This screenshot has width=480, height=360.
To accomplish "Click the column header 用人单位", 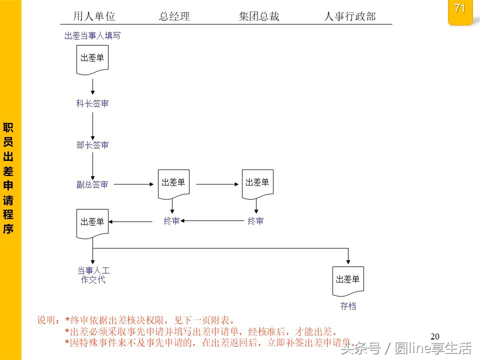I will [94, 16].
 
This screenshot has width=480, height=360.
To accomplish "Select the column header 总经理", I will [174, 16].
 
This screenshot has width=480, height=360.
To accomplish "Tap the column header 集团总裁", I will [259, 16].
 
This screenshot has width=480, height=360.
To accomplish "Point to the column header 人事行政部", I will [349, 16].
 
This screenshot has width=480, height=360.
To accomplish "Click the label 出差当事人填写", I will [92, 36].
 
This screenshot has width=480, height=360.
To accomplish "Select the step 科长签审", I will [92, 103].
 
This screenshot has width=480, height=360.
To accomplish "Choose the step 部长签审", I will [92, 145].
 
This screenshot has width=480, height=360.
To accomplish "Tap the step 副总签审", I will [92, 184].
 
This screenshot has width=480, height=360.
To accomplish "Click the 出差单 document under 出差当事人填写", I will [92, 59].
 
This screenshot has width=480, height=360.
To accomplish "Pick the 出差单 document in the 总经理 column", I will [173, 183].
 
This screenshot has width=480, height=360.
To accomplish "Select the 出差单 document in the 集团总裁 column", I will [257, 183].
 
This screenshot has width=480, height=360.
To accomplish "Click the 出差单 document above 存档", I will [348, 280].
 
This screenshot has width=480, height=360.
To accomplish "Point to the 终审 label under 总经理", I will [171, 221].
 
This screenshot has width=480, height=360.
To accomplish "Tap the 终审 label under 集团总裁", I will [255, 221].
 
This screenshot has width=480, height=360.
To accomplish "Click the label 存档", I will [348, 306].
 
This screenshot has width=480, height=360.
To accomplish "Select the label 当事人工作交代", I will [93, 275].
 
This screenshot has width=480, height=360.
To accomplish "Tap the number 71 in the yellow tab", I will [460, 9].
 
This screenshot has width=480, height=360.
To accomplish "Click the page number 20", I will [434, 336].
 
